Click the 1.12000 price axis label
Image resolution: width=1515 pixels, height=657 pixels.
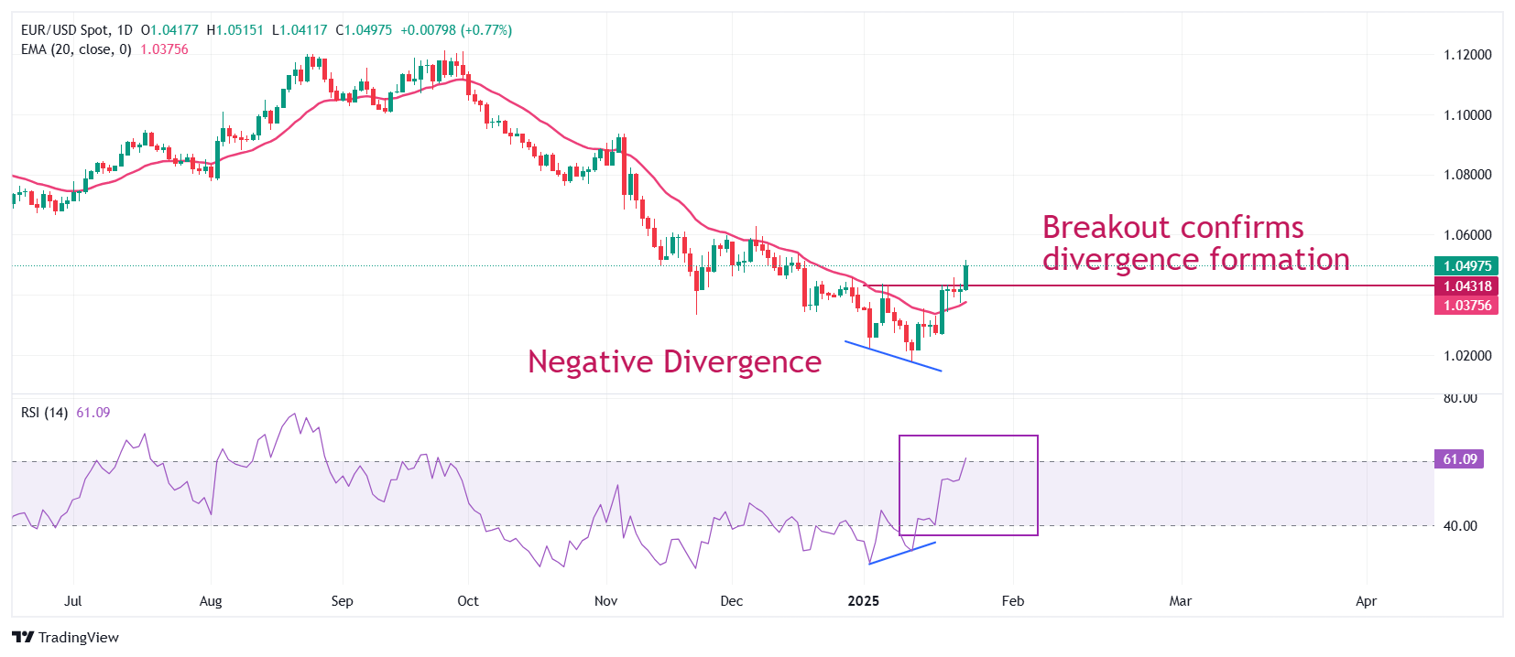(1467, 55)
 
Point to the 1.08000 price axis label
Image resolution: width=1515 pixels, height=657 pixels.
(1467, 175)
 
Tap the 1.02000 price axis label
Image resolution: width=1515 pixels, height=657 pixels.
(1467, 356)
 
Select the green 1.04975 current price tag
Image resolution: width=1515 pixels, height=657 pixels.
(1466, 266)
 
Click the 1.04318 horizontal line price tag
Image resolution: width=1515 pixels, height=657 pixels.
(1466, 286)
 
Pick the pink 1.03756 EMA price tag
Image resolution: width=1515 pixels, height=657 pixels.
(1466, 306)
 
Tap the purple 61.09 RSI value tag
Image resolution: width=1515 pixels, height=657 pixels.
(1459, 459)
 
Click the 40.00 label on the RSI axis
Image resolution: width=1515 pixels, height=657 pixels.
(1460, 526)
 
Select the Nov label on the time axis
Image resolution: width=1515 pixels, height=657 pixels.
(605, 601)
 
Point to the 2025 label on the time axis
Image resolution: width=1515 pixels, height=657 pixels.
(863, 601)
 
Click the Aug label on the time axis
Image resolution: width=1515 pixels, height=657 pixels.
(211, 601)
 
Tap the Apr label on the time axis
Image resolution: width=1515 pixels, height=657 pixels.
(1366, 601)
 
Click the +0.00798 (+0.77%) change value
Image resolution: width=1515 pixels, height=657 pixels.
(456, 30)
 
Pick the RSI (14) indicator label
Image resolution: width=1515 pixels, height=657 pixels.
(44, 413)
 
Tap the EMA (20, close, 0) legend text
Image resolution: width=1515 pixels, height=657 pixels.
(76, 49)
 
